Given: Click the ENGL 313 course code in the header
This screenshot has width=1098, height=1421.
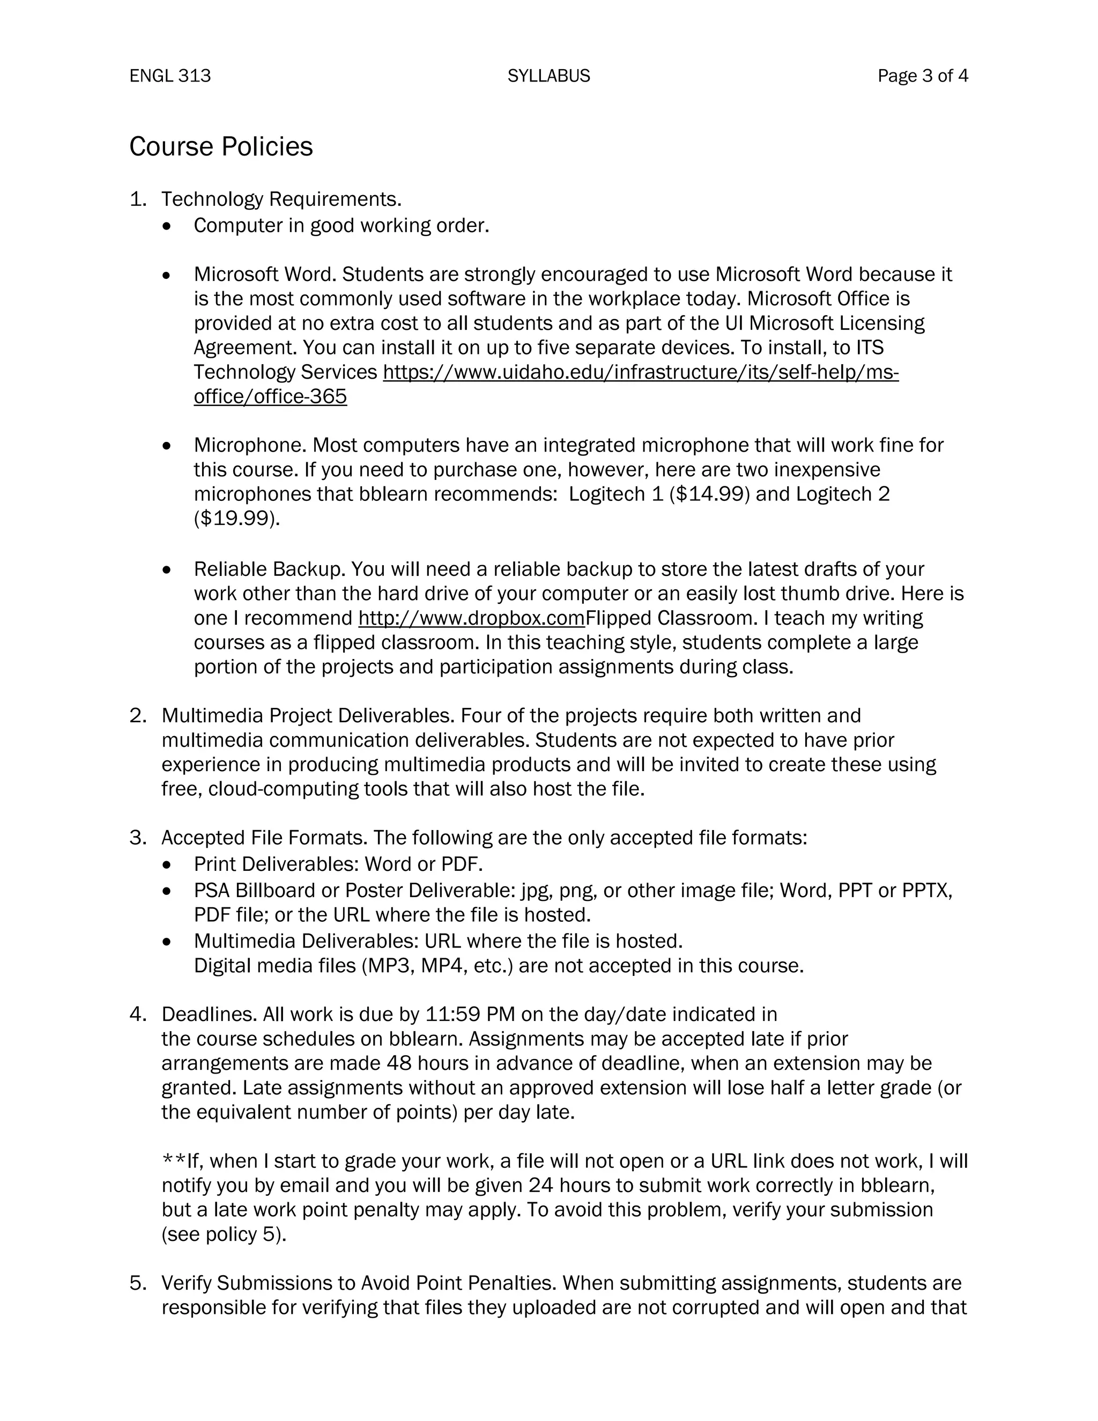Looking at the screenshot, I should coord(170,76).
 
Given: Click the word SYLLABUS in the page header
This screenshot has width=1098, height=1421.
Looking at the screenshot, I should coord(548,76).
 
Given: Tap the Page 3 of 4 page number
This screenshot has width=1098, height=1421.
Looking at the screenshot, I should coord(922,76).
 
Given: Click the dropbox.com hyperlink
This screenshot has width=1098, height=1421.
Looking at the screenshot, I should coord(471,617).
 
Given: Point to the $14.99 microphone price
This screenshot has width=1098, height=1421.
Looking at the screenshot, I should coord(709,494).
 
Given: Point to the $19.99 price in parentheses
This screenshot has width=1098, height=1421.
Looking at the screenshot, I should coord(235,519).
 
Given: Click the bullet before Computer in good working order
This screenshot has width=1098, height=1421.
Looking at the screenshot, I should coord(168,226).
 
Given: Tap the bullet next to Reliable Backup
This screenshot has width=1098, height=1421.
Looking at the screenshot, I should coord(168,570).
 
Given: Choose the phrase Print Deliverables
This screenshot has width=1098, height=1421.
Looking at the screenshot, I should coord(276,863).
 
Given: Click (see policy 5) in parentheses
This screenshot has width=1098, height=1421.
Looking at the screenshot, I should coord(224,1234).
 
